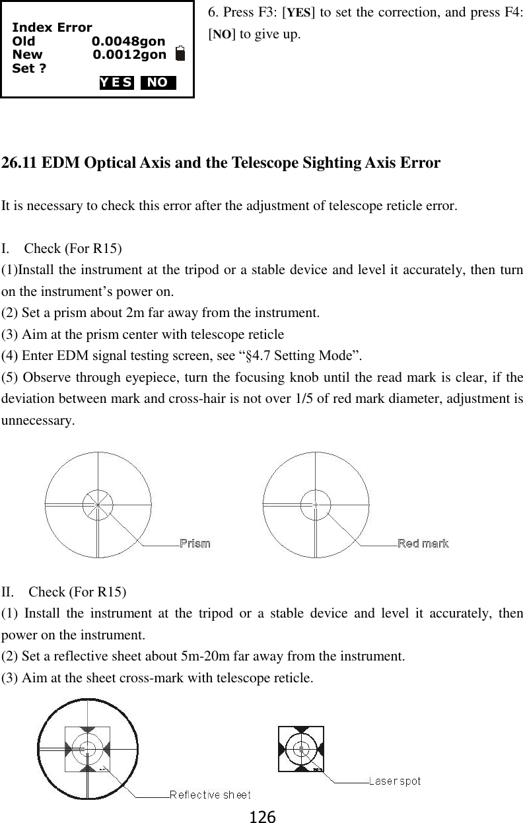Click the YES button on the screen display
coord(117,83)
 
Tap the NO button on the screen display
coord(158,83)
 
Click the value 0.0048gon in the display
coord(128,42)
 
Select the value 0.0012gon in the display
coord(129,55)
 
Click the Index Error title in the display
coord(52,28)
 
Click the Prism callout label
coord(195,544)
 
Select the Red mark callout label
coord(423,544)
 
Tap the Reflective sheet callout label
coord(210,795)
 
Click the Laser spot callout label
coord(394,782)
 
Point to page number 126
coord(261,816)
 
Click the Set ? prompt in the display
coord(29,68)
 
